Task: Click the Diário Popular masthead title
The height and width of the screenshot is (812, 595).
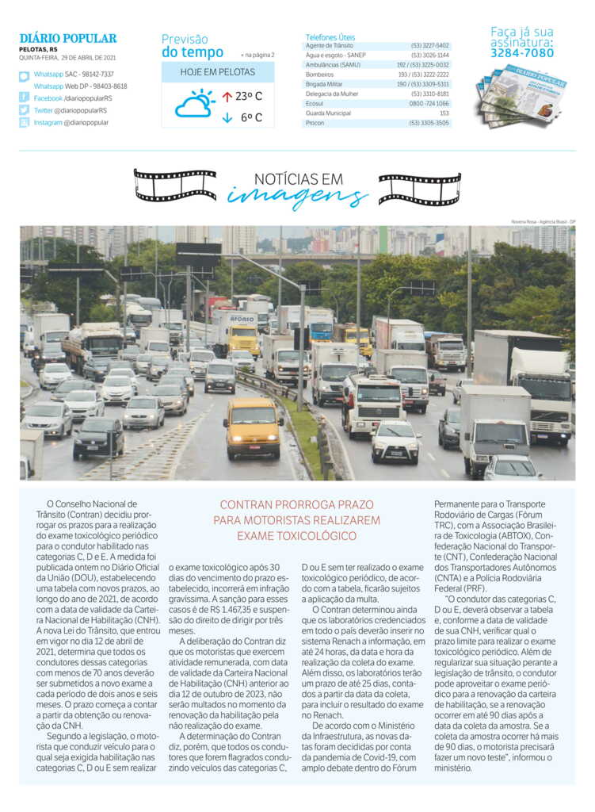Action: (x=68, y=38)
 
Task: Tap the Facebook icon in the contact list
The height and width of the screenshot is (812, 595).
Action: (x=25, y=98)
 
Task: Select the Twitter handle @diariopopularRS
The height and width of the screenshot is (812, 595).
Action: (x=71, y=110)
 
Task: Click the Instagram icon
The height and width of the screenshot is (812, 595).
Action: (x=25, y=123)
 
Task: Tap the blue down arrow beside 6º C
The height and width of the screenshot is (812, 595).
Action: (x=227, y=118)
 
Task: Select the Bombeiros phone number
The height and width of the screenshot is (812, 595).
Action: (x=429, y=74)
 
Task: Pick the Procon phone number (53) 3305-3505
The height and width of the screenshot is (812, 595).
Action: (x=429, y=123)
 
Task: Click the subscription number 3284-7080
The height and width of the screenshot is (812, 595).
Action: (x=522, y=53)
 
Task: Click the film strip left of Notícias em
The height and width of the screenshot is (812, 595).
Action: (x=175, y=185)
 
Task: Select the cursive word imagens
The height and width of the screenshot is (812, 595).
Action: (x=298, y=196)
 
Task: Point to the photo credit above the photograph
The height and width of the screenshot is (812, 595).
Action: (x=543, y=221)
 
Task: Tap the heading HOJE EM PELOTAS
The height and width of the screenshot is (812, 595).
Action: (x=218, y=71)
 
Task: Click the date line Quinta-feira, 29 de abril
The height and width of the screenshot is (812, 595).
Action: (x=67, y=58)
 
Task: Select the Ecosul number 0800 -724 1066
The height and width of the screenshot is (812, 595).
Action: (x=429, y=103)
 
